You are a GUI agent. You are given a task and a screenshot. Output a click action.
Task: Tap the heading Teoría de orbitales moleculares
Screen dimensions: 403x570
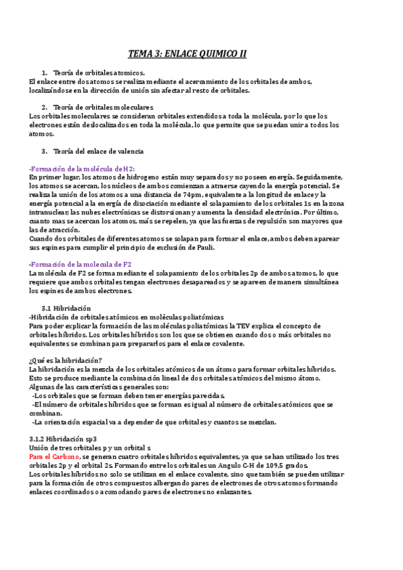(102, 107)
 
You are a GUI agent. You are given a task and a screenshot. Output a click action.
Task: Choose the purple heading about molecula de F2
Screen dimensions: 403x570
(81, 264)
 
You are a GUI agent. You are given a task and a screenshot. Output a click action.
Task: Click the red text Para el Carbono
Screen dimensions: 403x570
(54, 456)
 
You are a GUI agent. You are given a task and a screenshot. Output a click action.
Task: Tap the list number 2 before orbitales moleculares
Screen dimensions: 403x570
(44, 107)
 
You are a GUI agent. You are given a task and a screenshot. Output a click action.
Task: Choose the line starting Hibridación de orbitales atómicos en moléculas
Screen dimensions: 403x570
(127, 317)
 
